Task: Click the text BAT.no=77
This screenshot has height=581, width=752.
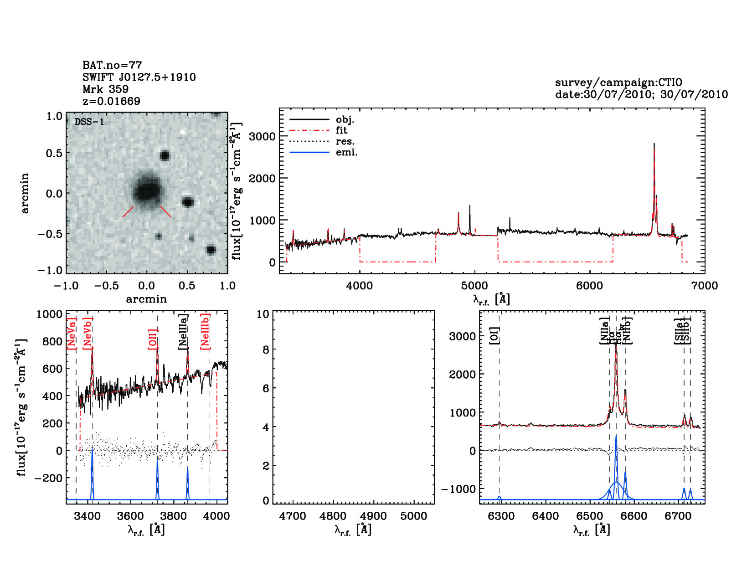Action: pyautogui.click(x=112, y=65)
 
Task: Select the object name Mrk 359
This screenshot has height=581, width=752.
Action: pyautogui.click(x=105, y=89)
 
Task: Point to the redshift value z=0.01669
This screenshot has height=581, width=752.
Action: pyautogui.click(x=111, y=101)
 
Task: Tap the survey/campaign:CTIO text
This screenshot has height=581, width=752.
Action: pyautogui.click(x=618, y=82)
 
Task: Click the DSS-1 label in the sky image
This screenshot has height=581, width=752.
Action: pyautogui.click(x=89, y=122)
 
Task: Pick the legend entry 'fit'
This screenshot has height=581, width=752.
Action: pyautogui.click(x=341, y=131)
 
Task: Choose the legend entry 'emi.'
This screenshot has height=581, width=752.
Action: pyautogui.click(x=346, y=153)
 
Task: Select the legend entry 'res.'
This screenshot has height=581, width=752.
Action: pyautogui.click(x=345, y=142)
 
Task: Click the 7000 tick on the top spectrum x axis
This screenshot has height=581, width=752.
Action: pyautogui.click(x=705, y=286)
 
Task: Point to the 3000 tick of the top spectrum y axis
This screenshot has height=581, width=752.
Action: pyautogui.click(x=262, y=136)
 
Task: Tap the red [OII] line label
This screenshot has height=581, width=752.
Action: pyautogui.click(x=153, y=339)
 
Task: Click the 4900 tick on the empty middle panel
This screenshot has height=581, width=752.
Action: pyautogui.click(x=373, y=516)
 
